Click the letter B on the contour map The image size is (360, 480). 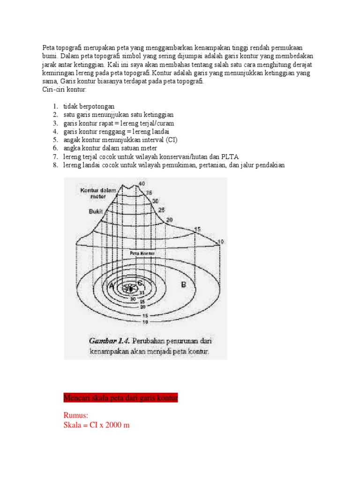184,284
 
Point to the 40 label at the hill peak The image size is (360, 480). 141,183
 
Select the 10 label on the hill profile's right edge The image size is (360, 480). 221,241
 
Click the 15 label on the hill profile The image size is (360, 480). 197,229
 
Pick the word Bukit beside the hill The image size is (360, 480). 96,211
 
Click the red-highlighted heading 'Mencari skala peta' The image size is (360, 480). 120,398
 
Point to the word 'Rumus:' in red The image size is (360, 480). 75,415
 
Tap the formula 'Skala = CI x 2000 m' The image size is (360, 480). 96,425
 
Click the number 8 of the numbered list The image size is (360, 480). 54,165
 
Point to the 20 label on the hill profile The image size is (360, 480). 169,219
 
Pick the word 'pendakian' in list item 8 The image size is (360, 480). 269,165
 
